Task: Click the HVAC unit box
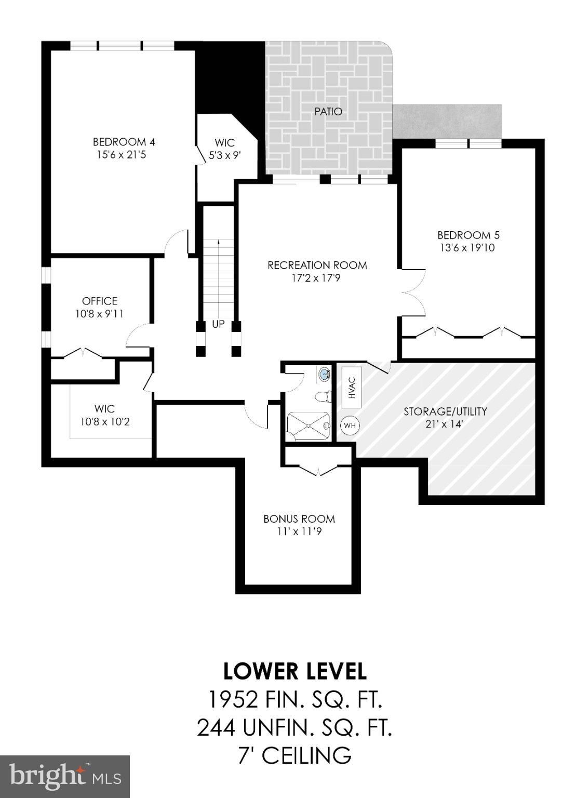(x=352, y=387)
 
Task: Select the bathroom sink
(x=325, y=374)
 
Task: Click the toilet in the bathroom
(x=324, y=396)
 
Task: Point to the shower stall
(x=309, y=427)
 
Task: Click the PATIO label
(x=328, y=112)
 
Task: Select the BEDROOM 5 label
(x=468, y=235)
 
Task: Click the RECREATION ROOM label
(x=317, y=265)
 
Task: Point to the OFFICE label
(x=100, y=301)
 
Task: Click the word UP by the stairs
(x=218, y=325)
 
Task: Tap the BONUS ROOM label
(x=299, y=518)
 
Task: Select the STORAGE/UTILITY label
(x=445, y=411)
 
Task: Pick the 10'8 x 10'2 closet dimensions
(x=105, y=422)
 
